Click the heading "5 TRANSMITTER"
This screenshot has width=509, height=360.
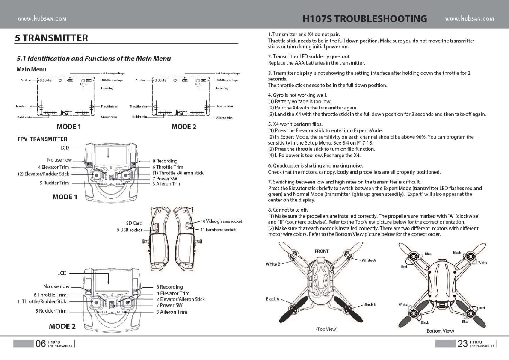(x=51, y=38)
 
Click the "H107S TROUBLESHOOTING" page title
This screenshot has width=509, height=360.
(x=364, y=19)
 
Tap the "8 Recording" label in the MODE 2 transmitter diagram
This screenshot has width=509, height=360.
(x=170, y=287)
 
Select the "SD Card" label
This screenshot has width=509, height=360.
(x=134, y=223)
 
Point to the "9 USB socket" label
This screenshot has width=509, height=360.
(x=130, y=230)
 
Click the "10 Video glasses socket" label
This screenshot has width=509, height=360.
(x=221, y=221)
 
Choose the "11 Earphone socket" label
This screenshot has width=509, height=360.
(x=218, y=230)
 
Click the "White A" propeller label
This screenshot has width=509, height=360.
(x=369, y=260)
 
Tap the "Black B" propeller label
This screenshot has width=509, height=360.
(x=370, y=304)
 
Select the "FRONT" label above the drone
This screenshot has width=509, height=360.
(x=322, y=251)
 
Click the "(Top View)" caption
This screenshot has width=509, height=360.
(x=326, y=329)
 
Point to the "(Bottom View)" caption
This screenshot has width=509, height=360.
(x=439, y=330)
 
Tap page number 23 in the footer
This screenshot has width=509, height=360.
(x=462, y=344)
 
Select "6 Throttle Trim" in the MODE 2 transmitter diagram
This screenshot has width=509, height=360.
(x=50, y=295)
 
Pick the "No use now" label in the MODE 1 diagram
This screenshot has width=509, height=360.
(x=59, y=159)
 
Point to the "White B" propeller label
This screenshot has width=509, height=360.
(x=273, y=264)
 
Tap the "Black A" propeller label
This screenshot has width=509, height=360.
(x=272, y=299)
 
